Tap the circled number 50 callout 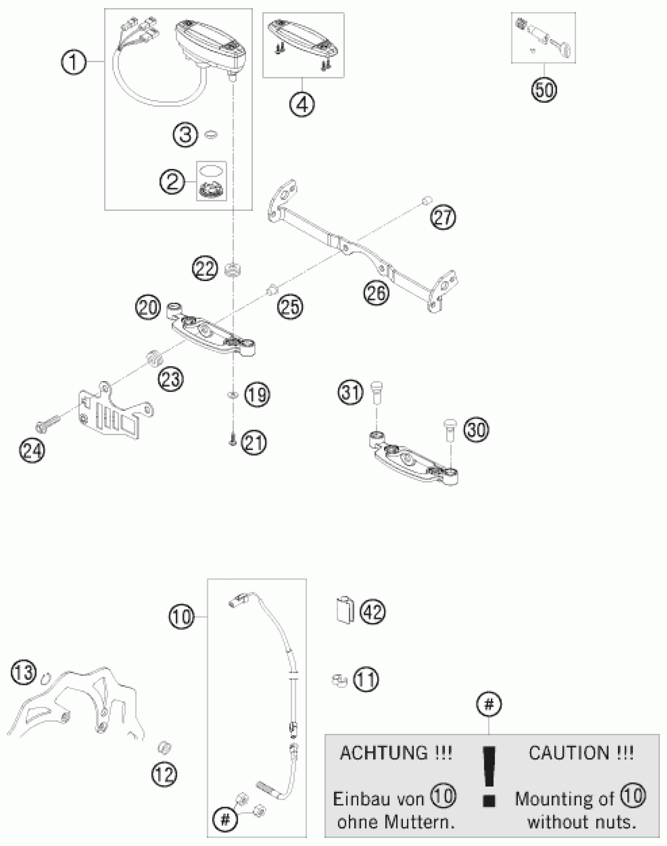(544, 91)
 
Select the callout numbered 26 (376, 292)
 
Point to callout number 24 (32, 450)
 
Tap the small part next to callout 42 (345, 610)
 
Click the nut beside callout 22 (233, 270)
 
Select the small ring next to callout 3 (211, 134)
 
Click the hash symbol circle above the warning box (488, 704)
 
